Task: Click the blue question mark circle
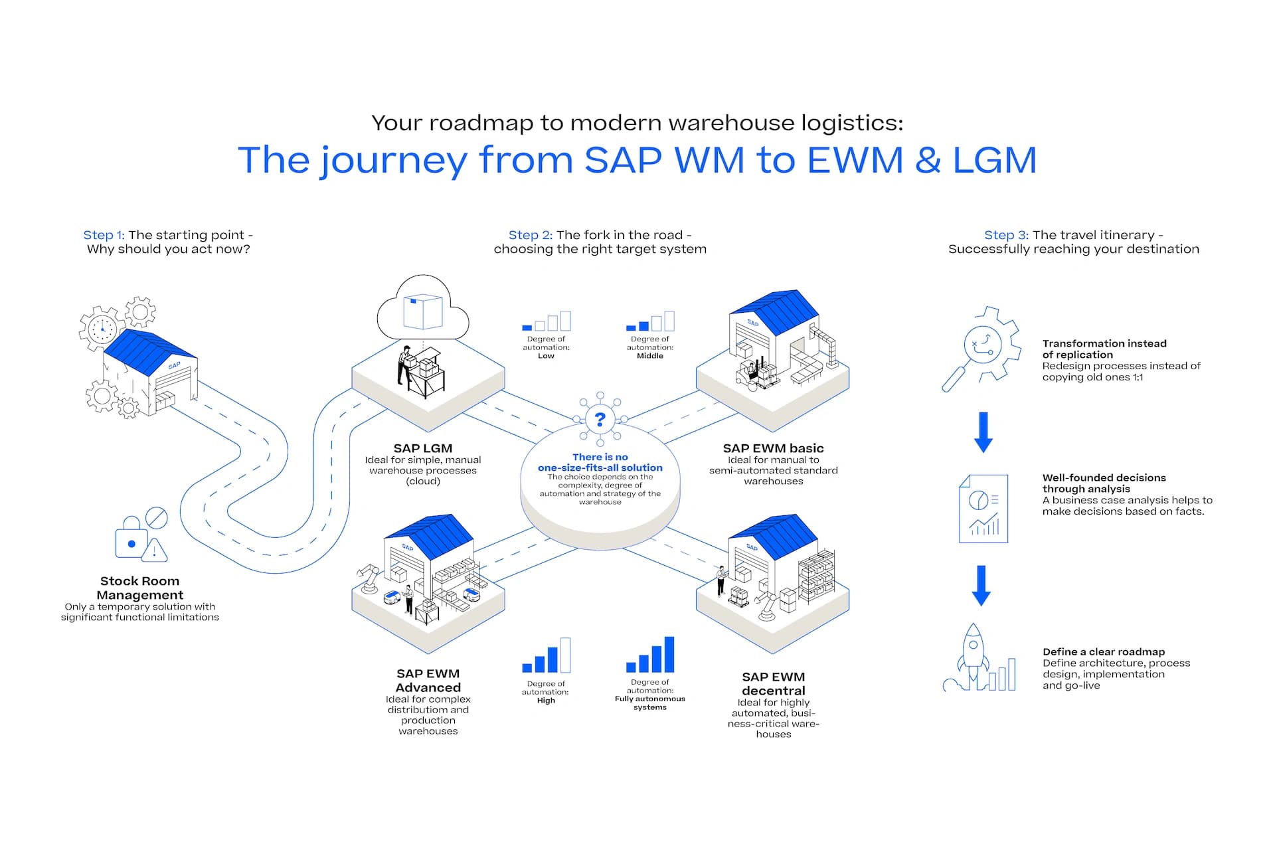pos(600,420)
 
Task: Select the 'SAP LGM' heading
pos(423,448)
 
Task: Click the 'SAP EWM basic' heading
pos(773,448)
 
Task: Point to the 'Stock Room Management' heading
pos(139,588)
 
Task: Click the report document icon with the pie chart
pos(983,509)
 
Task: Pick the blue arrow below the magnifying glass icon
pos(983,432)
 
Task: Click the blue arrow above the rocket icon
pos(981,585)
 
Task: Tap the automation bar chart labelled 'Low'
pos(546,321)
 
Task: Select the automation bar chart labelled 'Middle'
pos(650,321)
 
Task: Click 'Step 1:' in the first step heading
pos(104,235)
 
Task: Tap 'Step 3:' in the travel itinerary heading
pos(1006,235)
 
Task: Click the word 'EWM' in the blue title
pos(855,160)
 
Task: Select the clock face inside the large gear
pos(102,329)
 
